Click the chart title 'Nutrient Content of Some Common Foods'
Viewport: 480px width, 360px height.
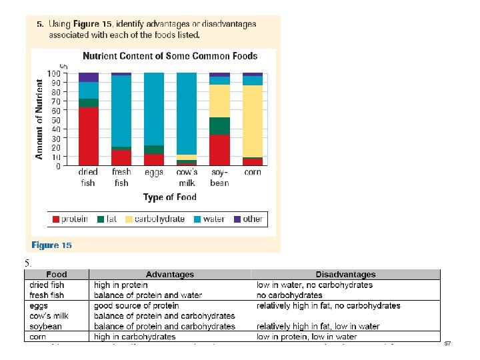(x=169, y=56)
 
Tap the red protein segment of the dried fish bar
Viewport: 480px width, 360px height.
(x=88, y=136)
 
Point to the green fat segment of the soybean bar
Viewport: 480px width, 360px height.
(x=219, y=126)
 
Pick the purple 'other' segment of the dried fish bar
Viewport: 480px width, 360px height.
(x=88, y=77)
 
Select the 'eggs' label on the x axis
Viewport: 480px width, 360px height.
(x=153, y=172)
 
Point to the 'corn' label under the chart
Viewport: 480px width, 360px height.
(x=252, y=172)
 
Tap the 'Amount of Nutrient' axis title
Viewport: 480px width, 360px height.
(x=39, y=119)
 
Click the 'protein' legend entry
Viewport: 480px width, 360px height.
(x=74, y=219)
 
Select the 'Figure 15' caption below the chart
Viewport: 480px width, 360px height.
(x=51, y=245)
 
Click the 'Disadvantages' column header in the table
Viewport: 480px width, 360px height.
(x=345, y=274)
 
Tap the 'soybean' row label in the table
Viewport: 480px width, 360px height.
(x=45, y=326)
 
